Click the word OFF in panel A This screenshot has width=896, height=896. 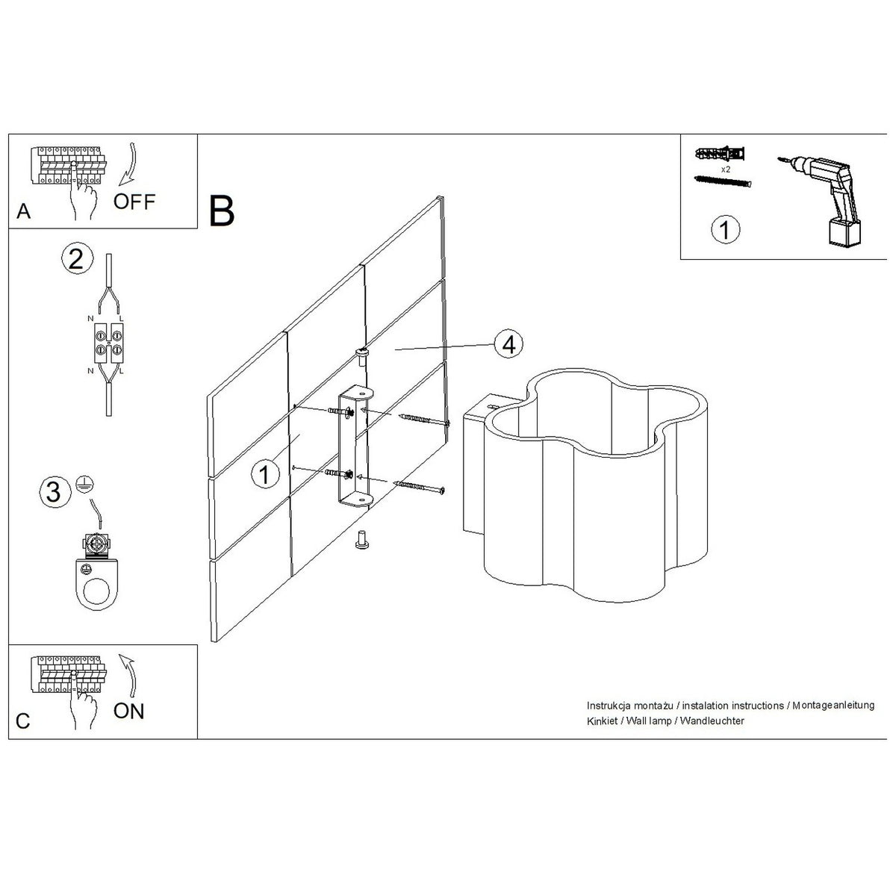tap(134, 202)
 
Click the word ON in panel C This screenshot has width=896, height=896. tap(128, 712)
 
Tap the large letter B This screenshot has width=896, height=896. tap(222, 211)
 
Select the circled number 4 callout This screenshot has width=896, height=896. tap(508, 344)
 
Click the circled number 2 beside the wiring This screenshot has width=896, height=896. tap(77, 258)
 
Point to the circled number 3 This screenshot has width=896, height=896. tap(55, 492)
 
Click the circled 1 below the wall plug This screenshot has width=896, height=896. tap(725, 230)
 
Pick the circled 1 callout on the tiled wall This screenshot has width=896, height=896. tap(266, 474)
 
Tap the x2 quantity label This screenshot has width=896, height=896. tap(725, 169)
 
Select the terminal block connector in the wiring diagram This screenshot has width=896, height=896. tap(109, 343)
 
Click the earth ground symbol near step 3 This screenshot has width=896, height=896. tap(83, 484)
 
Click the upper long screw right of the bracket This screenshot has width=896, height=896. tap(424, 420)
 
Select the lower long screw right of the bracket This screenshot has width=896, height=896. tap(419, 486)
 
